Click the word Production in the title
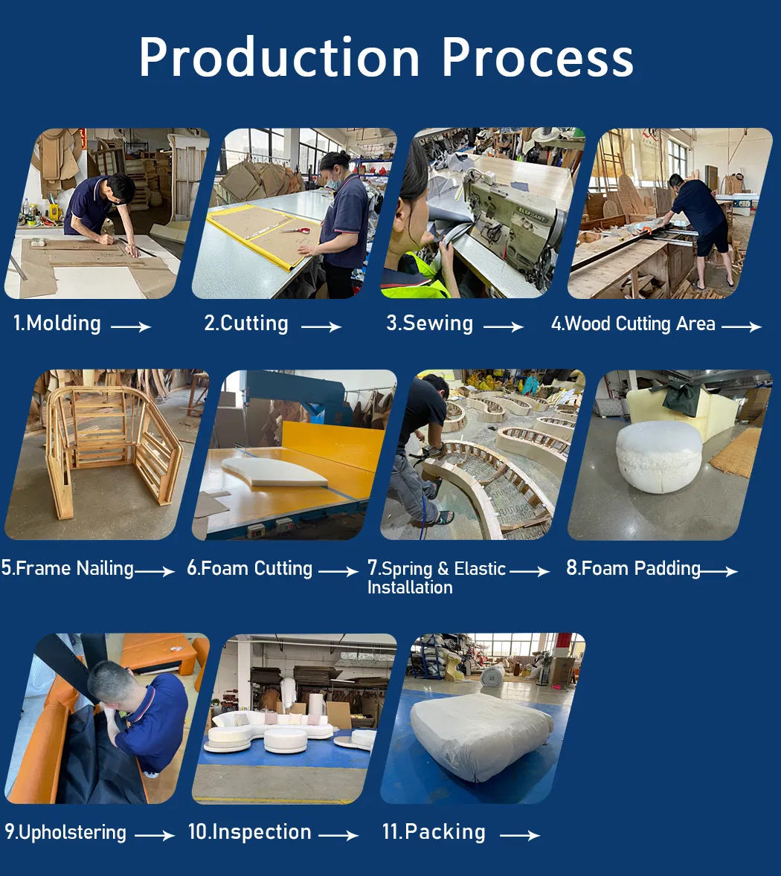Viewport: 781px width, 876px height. [x=279, y=57]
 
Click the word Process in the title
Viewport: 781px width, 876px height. [x=538, y=57]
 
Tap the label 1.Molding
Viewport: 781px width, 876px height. [x=57, y=323]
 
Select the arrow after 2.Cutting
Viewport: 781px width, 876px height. [x=321, y=326]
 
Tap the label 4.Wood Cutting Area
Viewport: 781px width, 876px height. [x=633, y=323]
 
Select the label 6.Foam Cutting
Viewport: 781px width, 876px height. [x=250, y=568]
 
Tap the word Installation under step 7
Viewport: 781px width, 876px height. [x=410, y=587]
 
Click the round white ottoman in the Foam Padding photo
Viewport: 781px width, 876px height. [x=658, y=457]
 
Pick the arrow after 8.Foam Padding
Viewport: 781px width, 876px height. [x=719, y=571]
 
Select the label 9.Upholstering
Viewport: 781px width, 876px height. [x=65, y=832]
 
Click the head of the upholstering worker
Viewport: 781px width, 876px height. [x=110, y=684]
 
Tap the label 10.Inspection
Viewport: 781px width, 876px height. [x=250, y=832]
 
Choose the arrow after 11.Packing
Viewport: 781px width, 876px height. [x=520, y=835]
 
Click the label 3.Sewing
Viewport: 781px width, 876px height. [x=430, y=323]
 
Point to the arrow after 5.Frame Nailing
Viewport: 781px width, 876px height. [x=155, y=571]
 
